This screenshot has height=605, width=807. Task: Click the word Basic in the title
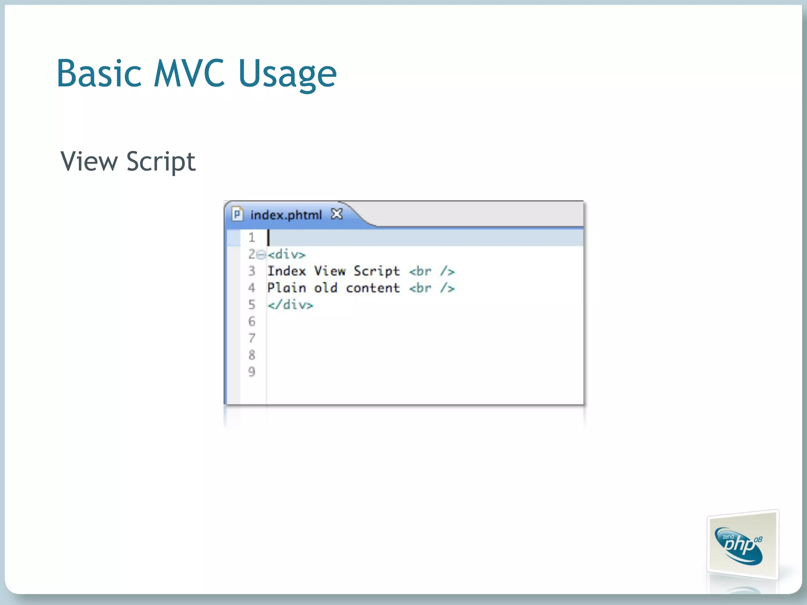click(x=99, y=74)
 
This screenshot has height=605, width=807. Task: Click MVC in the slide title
click(x=189, y=74)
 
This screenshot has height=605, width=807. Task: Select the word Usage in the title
click(x=287, y=75)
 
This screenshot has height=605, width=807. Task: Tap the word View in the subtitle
click(x=89, y=161)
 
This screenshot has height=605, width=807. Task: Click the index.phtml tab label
click(x=286, y=215)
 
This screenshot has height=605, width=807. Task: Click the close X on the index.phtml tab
click(x=337, y=214)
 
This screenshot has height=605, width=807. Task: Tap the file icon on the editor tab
click(x=237, y=214)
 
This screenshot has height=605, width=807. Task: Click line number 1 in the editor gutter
click(x=252, y=238)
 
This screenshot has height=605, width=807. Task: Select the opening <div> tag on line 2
click(x=286, y=254)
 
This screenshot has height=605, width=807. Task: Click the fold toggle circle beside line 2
click(x=261, y=255)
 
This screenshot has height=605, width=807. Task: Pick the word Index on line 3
click(x=286, y=271)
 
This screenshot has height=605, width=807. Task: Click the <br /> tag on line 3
click(x=432, y=271)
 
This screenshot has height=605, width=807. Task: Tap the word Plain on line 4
click(x=286, y=288)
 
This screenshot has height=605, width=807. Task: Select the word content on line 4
click(x=373, y=288)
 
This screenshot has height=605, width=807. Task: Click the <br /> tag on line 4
click(x=432, y=288)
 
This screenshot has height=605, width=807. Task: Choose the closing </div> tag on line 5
click(x=290, y=305)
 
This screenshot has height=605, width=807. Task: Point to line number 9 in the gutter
click(x=252, y=371)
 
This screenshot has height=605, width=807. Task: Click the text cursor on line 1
click(x=269, y=238)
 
